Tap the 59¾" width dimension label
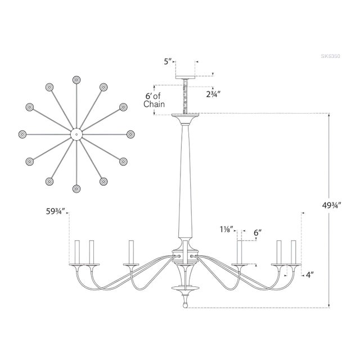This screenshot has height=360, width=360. coord(56,212)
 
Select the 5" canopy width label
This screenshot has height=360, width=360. coord(168,61)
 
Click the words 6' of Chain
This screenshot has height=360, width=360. coord(153,100)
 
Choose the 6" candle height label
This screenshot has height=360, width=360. coord(258,232)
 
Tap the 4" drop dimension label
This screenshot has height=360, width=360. coord(309,274)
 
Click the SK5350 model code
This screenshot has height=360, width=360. coord(332,57)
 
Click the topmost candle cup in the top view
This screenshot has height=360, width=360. coord(76,80)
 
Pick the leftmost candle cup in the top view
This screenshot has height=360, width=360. coord(22,134)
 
